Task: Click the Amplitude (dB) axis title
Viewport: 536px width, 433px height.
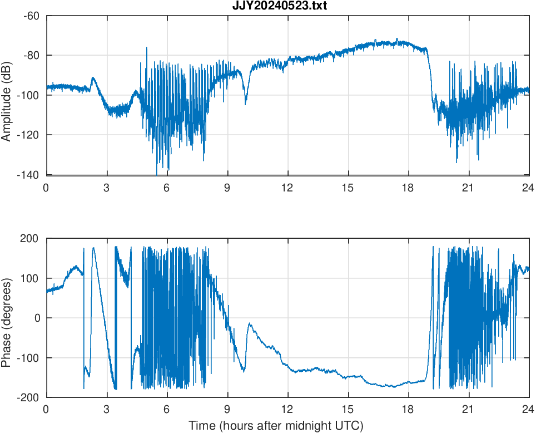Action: pos(7,95)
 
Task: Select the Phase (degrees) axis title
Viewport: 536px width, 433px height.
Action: pos(7,318)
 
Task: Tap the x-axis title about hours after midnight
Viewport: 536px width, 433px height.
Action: pos(276,426)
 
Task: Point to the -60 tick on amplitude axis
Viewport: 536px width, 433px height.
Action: pos(31,16)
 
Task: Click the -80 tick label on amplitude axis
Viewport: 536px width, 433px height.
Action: pos(31,55)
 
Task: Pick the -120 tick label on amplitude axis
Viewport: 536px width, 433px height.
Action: pos(29,135)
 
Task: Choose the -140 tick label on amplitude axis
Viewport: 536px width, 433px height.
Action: pos(29,175)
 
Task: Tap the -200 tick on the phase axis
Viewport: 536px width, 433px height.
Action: pos(29,397)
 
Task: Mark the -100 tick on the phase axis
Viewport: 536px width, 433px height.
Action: pos(29,358)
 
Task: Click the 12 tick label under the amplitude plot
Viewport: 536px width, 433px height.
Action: pos(287,188)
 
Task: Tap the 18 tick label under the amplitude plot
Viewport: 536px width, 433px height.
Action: pos(408,188)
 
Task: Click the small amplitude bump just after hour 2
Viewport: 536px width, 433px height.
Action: pos(93,78)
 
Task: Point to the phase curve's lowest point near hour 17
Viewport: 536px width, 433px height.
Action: pos(393,386)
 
